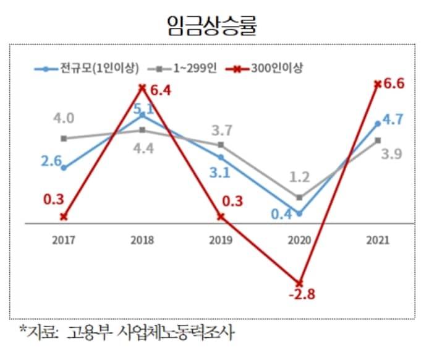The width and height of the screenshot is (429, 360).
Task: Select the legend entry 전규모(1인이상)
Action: (100, 67)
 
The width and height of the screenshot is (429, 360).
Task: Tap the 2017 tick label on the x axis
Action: (64, 239)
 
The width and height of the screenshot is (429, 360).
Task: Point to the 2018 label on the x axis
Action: (142, 239)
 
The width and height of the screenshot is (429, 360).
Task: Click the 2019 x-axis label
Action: (221, 239)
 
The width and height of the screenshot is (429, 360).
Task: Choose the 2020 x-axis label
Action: (300, 239)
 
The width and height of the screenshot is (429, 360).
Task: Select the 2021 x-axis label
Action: (378, 239)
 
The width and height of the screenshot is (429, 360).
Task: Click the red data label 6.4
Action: (159, 92)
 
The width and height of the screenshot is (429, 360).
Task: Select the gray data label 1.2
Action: (299, 178)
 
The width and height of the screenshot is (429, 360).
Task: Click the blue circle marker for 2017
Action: (64, 168)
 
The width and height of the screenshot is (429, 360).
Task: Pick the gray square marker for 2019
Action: (221, 145)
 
